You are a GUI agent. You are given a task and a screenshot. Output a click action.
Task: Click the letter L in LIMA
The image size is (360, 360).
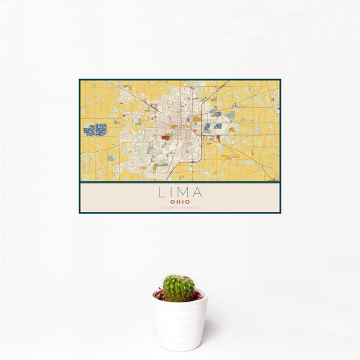pos(161,193)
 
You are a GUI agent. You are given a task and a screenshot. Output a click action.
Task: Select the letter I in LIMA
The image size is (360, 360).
pos(171,193)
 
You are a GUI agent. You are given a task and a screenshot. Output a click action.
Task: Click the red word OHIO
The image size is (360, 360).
pos(180,202)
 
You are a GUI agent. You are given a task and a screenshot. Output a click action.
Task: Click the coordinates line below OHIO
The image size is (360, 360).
pos(180,208)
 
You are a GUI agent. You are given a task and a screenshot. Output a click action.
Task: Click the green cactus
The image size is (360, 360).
pos(179,287)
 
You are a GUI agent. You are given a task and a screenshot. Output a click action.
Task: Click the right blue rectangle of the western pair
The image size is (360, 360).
pos(101,129)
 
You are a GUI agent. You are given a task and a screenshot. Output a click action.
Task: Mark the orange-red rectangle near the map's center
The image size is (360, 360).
pos(166,137)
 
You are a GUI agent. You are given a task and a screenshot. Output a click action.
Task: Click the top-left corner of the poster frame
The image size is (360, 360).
pos(80,80)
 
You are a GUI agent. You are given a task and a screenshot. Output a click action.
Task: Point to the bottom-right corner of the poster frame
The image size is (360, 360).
pos(280,213)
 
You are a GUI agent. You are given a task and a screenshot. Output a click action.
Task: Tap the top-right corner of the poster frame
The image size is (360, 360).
pos(280,80)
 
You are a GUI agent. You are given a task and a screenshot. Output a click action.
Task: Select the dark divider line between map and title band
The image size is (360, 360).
pos(180,182)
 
